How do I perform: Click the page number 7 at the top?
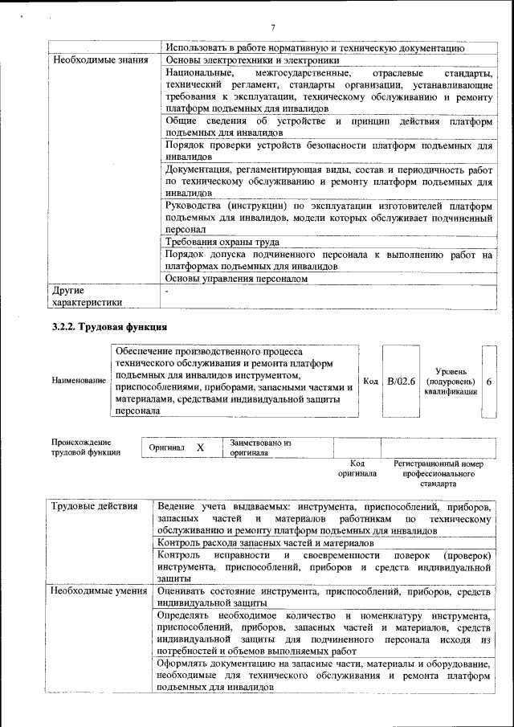point(273,28)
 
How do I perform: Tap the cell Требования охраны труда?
point(222,241)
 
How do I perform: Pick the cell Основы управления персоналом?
point(236,279)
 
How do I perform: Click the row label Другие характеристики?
point(87,296)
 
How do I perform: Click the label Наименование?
point(78,381)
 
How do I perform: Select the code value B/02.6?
point(401,381)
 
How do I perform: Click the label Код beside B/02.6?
point(371,381)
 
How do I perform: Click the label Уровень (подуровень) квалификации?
point(451,381)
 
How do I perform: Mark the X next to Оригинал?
point(200,447)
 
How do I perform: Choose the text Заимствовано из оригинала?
point(261,447)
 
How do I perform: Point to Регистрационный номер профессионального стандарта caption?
point(438,474)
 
